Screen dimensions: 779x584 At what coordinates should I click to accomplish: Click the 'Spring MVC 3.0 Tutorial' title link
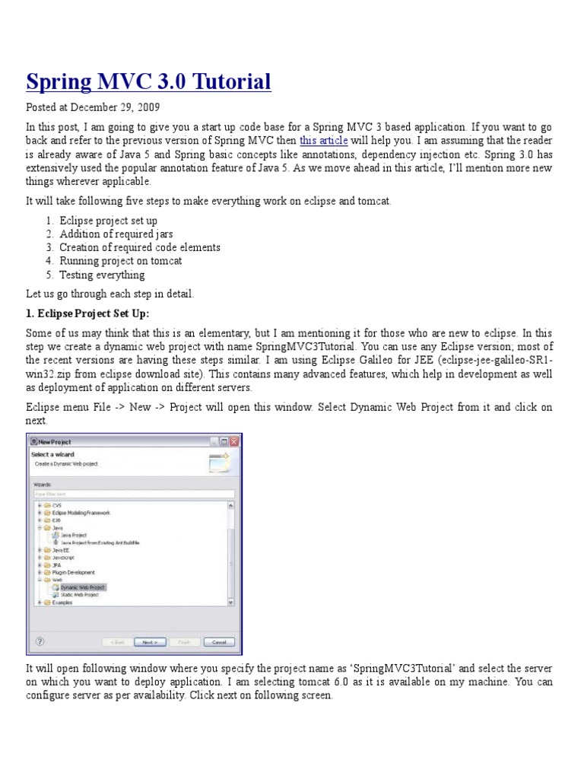click(x=148, y=81)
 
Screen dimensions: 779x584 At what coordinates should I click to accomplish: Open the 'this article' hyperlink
click(x=324, y=141)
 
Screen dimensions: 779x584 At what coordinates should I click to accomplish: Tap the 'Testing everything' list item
click(x=102, y=275)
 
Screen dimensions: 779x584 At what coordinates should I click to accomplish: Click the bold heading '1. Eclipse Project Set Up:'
click(x=87, y=314)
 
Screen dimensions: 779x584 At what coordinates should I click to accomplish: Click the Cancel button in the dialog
click(x=218, y=641)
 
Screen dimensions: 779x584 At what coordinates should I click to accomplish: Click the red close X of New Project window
click(x=235, y=441)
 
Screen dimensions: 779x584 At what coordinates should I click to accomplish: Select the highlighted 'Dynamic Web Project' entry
click(x=83, y=587)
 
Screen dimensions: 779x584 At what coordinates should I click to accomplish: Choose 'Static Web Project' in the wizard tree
click(x=81, y=594)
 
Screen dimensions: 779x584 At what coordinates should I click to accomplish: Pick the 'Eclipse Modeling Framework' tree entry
click(x=81, y=513)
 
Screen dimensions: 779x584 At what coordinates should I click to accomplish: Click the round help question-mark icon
click(x=40, y=641)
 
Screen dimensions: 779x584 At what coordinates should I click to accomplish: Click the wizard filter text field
click(x=133, y=493)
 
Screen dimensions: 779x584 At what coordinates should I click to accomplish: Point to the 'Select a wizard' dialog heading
click(x=52, y=455)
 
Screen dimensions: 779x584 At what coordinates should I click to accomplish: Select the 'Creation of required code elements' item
click(x=140, y=247)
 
